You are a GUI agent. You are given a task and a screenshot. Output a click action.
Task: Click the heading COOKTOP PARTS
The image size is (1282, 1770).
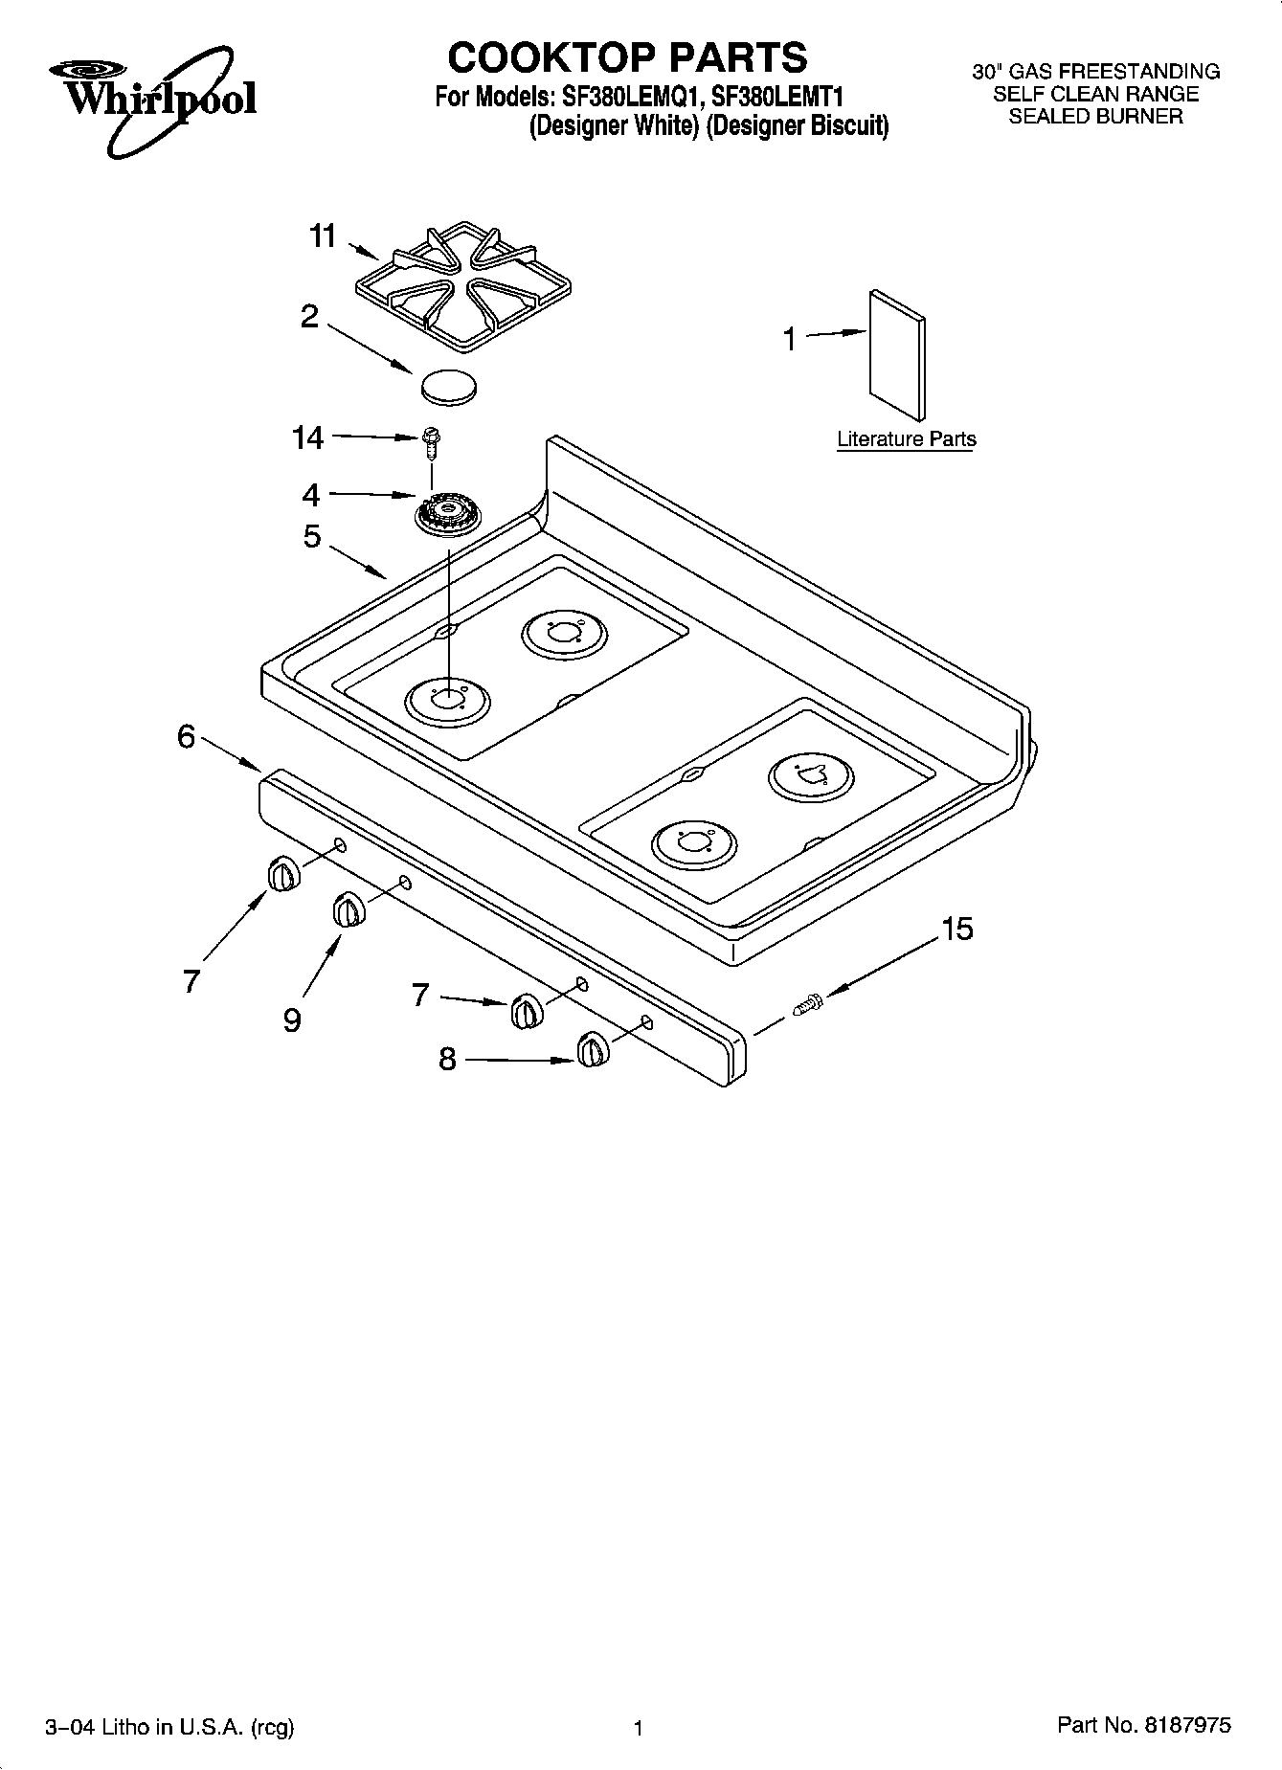pos(628,57)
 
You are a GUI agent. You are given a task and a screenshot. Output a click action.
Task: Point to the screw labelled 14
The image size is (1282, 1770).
pos(430,441)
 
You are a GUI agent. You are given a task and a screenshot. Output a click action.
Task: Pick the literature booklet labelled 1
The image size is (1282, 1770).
pos(897,354)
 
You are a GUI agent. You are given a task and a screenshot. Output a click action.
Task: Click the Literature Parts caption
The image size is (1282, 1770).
pos(906,439)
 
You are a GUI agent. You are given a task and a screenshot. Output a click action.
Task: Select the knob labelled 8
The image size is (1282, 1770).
pos(591,1050)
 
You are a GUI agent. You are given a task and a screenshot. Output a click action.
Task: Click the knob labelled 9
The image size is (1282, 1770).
pos(348,909)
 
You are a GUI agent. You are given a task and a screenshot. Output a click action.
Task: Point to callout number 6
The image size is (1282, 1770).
pos(186,736)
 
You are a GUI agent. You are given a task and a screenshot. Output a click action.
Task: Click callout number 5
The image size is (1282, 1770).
pos(312,536)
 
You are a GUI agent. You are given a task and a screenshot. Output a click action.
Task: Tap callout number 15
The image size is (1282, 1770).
pos(956,928)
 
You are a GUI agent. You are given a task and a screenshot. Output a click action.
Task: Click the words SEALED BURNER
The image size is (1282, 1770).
pos(1095,117)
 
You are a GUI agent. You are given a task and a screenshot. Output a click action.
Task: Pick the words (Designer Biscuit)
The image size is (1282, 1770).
pos(798,126)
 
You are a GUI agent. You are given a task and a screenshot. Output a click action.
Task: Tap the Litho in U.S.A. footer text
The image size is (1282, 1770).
pos(169,1727)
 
